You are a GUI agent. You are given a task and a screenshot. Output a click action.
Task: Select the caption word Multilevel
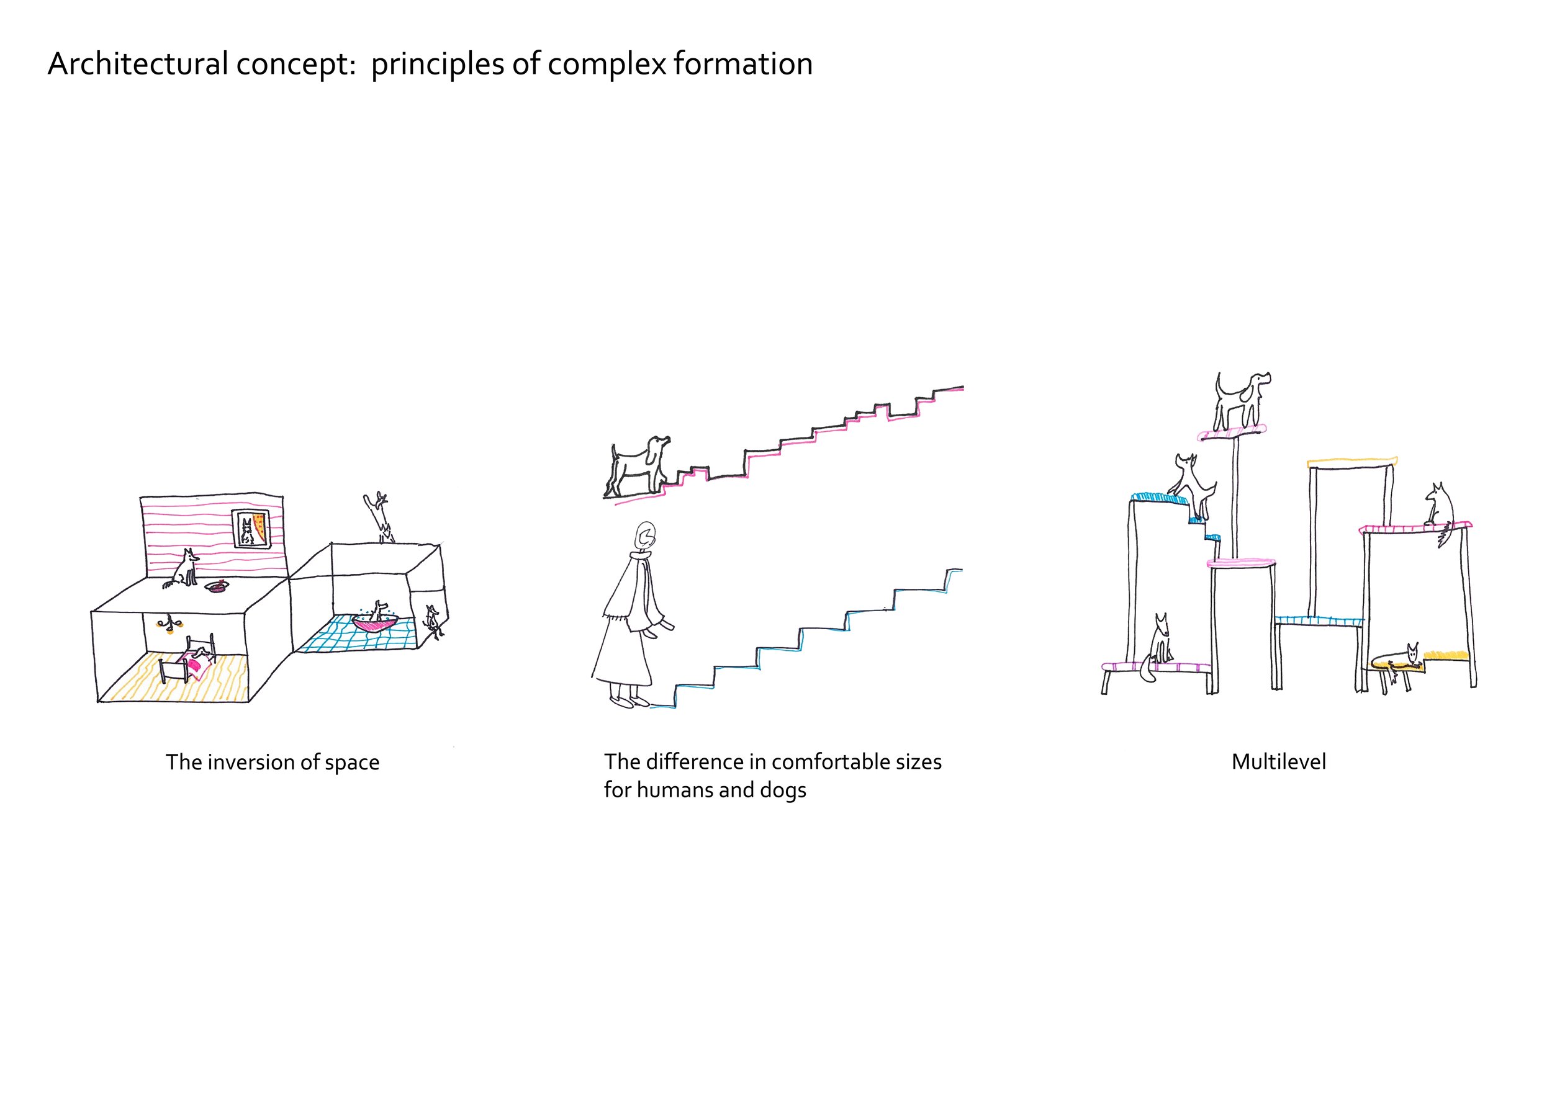[1278, 762]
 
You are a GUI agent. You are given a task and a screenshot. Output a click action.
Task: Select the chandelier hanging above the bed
[168, 625]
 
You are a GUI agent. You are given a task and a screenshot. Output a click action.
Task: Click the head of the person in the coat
[646, 537]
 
